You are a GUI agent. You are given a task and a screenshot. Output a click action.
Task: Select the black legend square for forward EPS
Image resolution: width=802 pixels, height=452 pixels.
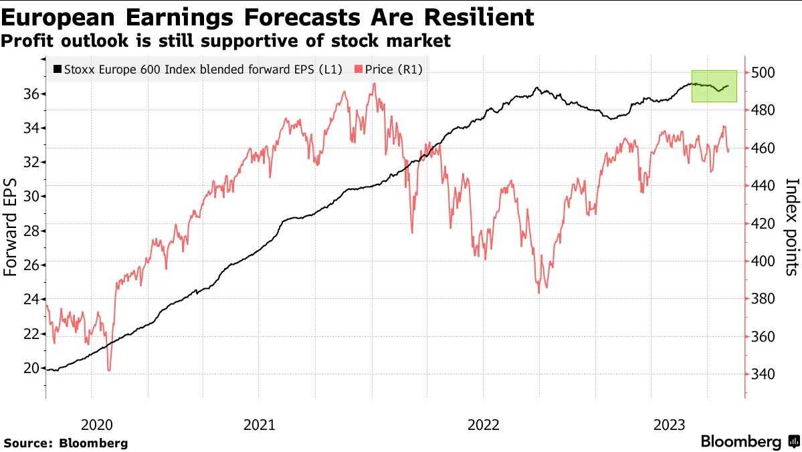pyautogui.click(x=57, y=69)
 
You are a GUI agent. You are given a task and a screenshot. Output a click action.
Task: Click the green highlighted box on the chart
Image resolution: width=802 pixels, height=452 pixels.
pyautogui.click(x=714, y=86)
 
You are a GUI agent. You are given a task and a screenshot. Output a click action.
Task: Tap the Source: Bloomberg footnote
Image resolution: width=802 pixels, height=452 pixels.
pyautogui.click(x=66, y=443)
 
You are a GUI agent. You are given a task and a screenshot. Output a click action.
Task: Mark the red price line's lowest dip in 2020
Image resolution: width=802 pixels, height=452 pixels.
pyautogui.click(x=108, y=370)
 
